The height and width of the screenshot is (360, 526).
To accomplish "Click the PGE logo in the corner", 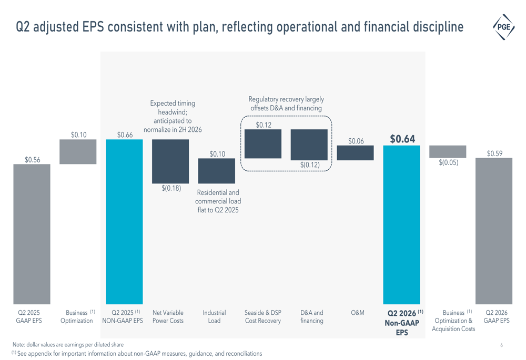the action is point(503,27).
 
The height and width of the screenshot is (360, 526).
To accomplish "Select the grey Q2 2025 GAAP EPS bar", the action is point(32,234).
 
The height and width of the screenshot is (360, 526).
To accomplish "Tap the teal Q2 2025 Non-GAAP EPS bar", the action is point(124,222).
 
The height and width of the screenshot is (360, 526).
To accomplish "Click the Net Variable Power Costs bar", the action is point(170,161).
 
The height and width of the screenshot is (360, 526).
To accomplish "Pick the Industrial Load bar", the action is point(217,171).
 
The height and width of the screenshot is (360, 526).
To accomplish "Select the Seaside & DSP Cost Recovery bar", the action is point(263,144).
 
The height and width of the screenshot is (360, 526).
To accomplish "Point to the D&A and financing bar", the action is point(309,145).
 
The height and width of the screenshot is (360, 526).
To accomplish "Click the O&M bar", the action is point(355,153).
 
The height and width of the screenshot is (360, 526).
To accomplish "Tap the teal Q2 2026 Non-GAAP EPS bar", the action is point(401,224).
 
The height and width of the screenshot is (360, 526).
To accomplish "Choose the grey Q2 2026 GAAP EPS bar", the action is point(494,231).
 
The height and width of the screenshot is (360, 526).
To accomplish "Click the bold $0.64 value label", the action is point(402,139).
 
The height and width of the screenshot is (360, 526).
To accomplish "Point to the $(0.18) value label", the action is point(171,188).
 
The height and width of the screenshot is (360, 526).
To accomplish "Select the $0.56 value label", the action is point(32,160).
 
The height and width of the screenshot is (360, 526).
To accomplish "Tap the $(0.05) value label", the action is point(449,162).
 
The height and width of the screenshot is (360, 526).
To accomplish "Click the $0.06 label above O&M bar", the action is point(356,141).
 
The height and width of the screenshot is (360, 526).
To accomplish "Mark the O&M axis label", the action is point(358,313).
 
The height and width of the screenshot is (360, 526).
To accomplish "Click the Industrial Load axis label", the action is point(214,317).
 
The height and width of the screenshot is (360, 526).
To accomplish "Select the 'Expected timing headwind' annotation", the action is point(173,116).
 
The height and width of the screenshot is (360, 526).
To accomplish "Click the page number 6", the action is point(501,345).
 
